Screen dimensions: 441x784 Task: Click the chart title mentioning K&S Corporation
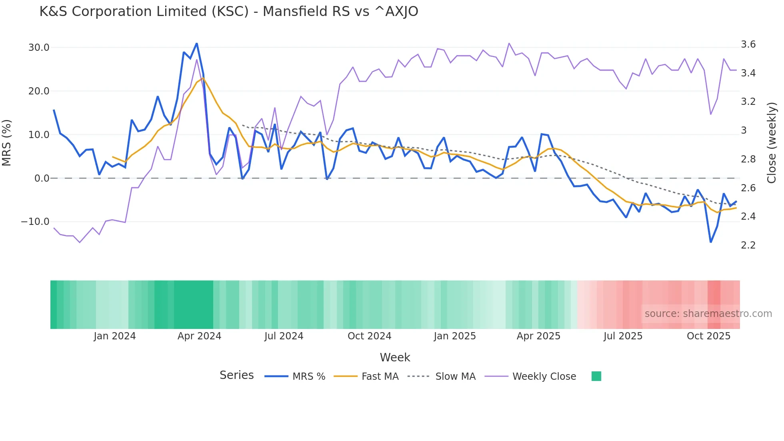[228, 12]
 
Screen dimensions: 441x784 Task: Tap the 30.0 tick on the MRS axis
[39, 48]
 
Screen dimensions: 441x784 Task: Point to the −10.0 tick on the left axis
[35, 222]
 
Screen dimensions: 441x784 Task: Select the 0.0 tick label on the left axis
[42, 178]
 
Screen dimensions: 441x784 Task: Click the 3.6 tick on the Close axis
[748, 44]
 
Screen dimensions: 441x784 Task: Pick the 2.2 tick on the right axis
[748, 245]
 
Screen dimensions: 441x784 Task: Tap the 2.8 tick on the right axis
[748, 159]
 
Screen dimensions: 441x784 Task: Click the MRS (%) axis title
[7, 142]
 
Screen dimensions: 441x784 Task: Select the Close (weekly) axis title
[772, 142]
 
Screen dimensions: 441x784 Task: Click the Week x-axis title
[395, 357]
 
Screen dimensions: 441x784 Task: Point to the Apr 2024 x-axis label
[199, 336]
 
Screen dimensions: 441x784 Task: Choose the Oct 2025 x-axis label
[708, 336]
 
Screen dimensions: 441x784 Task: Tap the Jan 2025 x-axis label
[455, 336]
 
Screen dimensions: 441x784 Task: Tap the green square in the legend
[596, 376]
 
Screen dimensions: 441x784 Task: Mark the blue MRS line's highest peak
[196, 44]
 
